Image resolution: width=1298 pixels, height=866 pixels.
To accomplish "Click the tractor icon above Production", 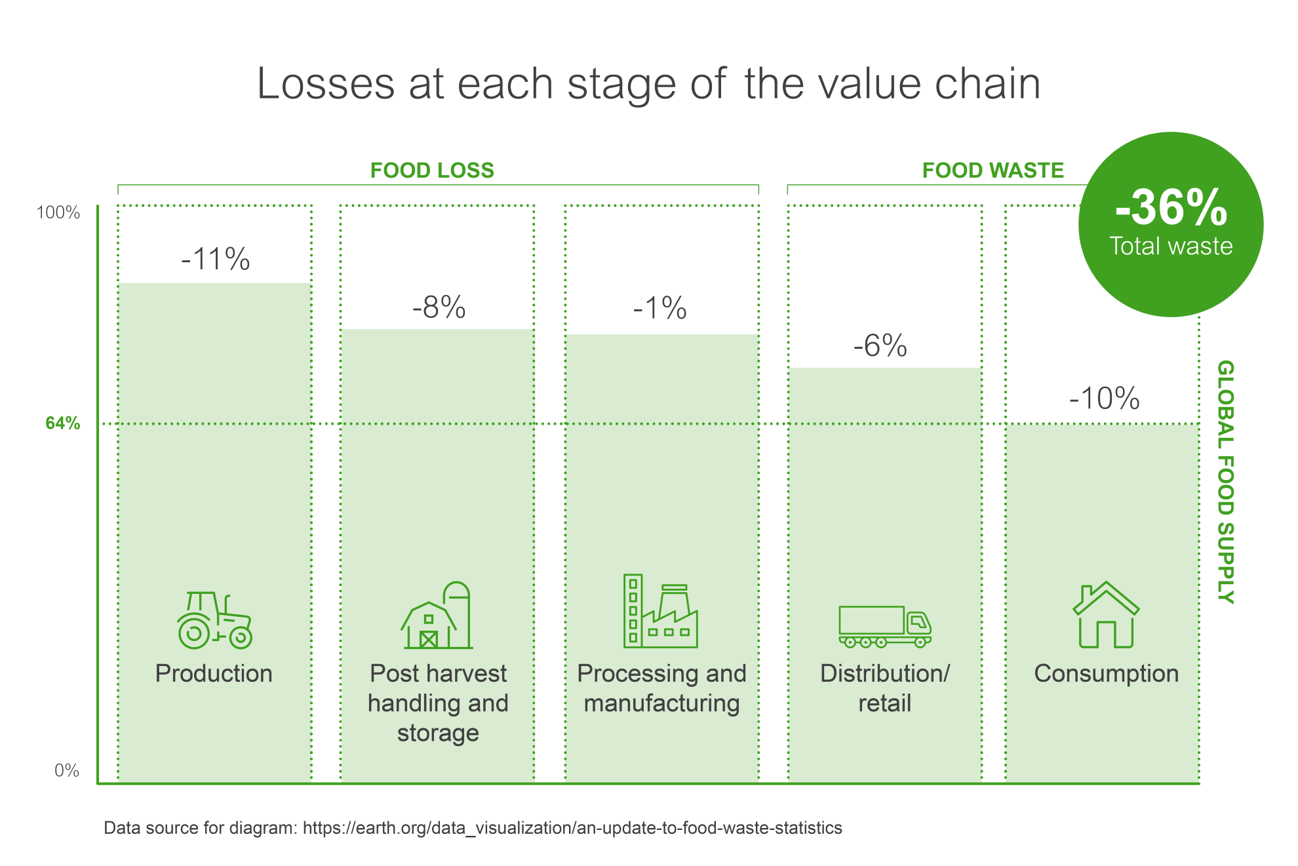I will click(x=214, y=620).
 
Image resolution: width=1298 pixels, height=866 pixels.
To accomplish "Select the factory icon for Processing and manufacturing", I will click(x=660, y=612).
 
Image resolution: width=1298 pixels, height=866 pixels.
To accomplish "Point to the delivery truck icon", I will click(x=884, y=626).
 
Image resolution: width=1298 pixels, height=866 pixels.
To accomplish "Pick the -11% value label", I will click(x=216, y=259).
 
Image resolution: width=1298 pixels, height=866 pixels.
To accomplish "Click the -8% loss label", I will click(x=439, y=307).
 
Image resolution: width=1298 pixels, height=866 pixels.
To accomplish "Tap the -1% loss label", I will click(x=659, y=307).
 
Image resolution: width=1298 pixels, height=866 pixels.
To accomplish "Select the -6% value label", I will click(x=880, y=345).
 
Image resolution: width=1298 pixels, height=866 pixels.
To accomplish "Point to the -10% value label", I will click(x=1104, y=398).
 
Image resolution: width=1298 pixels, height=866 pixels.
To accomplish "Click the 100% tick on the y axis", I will click(x=58, y=212).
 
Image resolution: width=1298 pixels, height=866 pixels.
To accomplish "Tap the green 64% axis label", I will click(x=63, y=423).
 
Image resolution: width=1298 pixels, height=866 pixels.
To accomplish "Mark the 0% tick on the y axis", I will click(x=67, y=770).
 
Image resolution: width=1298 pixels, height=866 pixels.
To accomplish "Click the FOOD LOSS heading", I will click(x=432, y=170).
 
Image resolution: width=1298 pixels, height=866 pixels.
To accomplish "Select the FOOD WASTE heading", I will click(x=993, y=170).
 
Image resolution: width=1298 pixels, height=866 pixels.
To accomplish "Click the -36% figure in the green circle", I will click(x=1171, y=208).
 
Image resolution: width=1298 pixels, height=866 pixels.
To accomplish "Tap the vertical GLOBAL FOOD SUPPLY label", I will click(x=1225, y=482).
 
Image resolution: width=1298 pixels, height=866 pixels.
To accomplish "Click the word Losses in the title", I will click(x=325, y=84).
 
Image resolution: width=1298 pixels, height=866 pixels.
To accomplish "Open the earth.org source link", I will click(x=572, y=828).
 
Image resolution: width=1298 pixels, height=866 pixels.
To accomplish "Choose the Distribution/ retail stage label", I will click(x=884, y=688).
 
